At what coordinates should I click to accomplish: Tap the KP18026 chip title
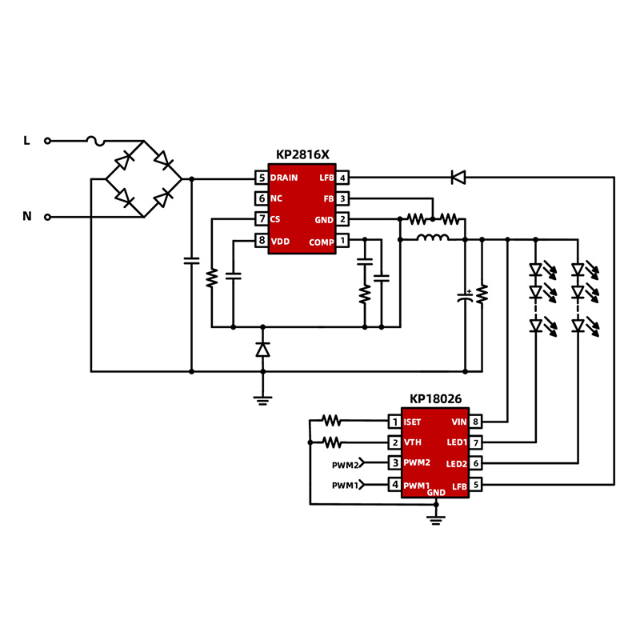[435, 398]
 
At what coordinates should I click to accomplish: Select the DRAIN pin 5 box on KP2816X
[262, 178]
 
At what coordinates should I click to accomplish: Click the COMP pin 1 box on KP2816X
[342, 241]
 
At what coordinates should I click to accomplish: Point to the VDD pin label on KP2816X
[280, 241]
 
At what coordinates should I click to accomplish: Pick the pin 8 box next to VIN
[475, 421]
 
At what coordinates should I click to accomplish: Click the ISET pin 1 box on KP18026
[394, 421]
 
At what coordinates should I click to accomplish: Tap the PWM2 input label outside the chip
[346, 464]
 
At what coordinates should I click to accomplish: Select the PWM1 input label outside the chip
[346, 486]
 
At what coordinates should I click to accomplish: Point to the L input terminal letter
[26, 141]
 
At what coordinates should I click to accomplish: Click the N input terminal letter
[26, 216]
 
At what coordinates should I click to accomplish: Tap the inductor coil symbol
[433, 238]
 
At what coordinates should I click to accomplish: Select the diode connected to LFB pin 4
[458, 178]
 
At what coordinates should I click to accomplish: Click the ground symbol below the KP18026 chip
[435, 520]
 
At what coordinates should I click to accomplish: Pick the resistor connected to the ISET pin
[330, 420]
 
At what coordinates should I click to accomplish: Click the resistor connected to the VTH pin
[330, 442]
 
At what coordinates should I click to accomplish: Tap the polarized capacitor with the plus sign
[465, 297]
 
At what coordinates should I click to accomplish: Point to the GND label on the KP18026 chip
[435, 493]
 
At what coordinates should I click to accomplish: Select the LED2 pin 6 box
[475, 464]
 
